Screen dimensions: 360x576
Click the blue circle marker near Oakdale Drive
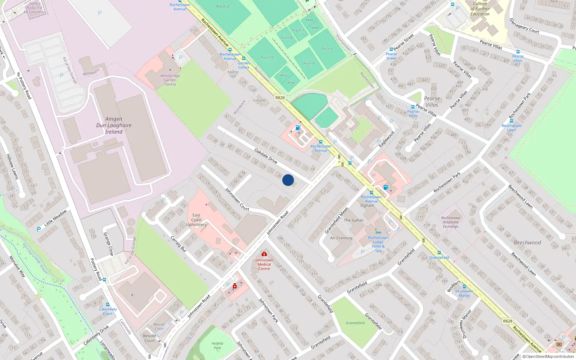[288, 180]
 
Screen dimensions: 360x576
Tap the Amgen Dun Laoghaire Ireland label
[114, 125]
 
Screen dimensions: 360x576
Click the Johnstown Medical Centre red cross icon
[264, 254]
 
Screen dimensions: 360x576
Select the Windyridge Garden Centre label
[170, 80]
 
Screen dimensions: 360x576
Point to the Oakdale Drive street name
[266, 156]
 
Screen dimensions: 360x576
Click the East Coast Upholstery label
[196, 220]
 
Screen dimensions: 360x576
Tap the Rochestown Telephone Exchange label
[450, 222]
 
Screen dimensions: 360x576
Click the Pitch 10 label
[267, 58]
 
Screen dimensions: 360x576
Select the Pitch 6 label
[327, 49]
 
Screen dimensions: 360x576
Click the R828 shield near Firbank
[280, 98]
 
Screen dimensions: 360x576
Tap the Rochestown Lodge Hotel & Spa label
[378, 244]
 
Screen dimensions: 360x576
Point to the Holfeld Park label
[217, 346]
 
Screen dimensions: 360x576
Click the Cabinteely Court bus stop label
[108, 311]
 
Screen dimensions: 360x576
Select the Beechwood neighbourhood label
[527, 243]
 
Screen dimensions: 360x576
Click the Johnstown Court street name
[237, 199]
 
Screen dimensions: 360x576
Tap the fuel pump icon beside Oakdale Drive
[298, 127]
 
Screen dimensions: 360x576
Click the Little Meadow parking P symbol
[39, 229]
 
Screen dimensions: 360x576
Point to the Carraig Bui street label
[178, 244]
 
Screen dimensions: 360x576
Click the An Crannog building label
[341, 238]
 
